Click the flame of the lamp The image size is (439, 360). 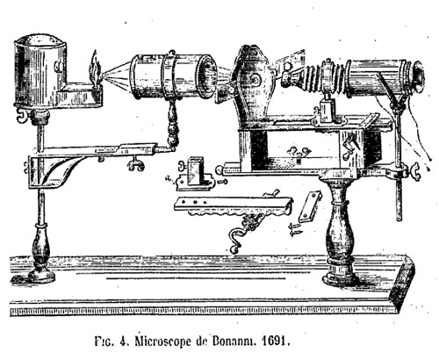pos(95,68)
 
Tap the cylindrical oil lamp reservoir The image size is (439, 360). pos(40,71)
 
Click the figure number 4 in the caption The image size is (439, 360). pos(123,342)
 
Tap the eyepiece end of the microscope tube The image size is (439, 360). pos(417,76)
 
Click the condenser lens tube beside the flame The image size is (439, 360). pos(173,76)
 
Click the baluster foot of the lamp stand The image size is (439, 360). pos(41,255)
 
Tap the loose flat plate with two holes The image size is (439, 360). pos(309,206)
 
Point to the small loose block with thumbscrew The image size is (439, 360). pos(195,174)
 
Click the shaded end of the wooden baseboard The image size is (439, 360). pos(403,282)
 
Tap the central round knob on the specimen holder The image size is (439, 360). pos(255,78)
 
